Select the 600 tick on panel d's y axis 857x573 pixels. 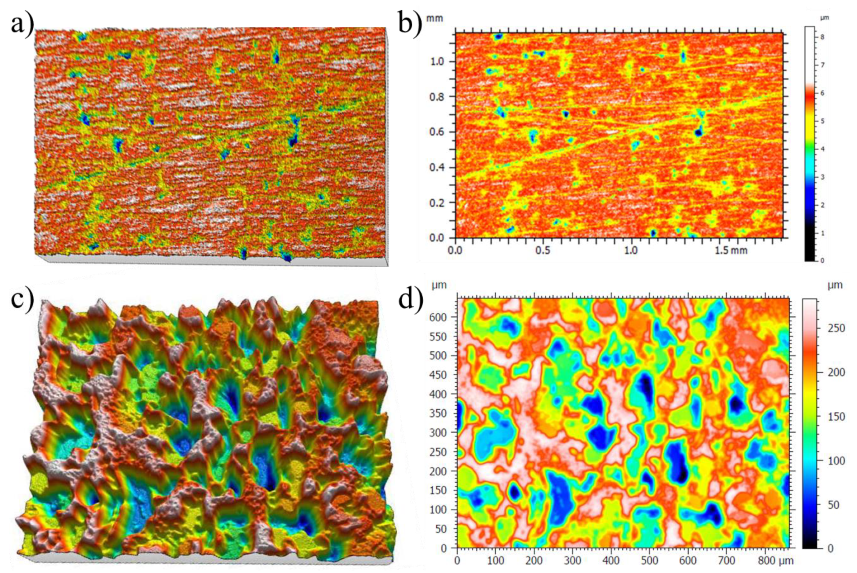(x=438, y=318)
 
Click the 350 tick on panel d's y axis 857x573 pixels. (x=438, y=413)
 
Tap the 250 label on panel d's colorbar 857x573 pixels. (x=836, y=328)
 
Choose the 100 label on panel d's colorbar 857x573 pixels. (x=836, y=461)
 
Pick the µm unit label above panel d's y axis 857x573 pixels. (x=439, y=285)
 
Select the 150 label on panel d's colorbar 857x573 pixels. (x=836, y=417)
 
